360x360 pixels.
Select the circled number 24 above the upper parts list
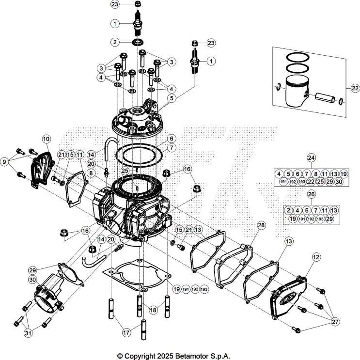tap(312, 157)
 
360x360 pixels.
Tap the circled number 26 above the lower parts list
tap(312, 194)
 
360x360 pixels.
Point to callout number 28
tap(261, 226)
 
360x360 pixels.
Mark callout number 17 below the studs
tap(125, 333)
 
